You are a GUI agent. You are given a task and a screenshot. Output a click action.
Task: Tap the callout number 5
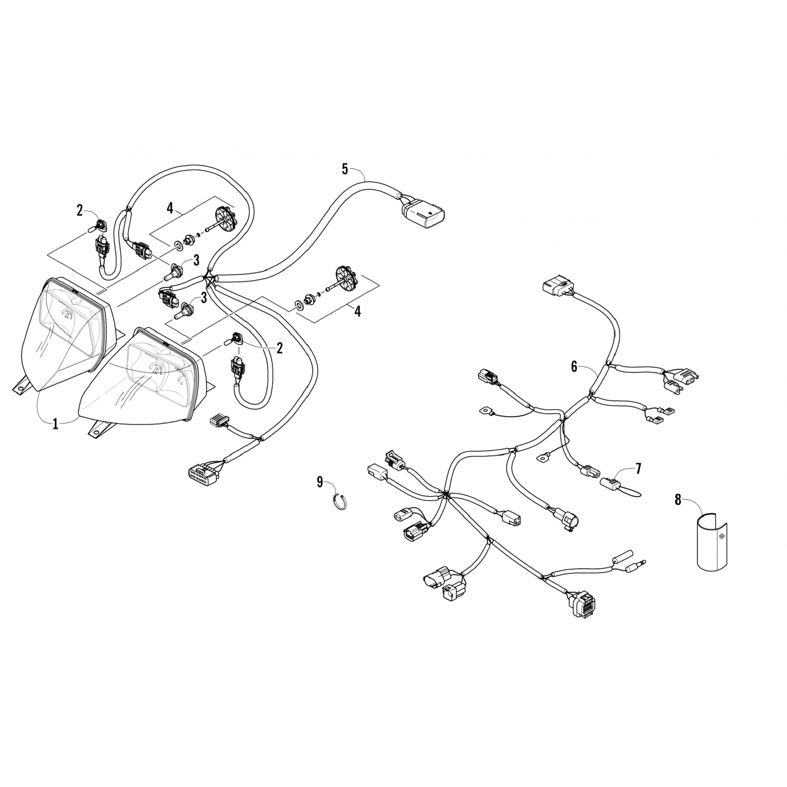[x=345, y=169]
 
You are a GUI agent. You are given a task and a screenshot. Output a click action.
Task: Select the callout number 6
[x=574, y=367]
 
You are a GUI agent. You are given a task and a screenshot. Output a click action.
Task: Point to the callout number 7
[x=638, y=469]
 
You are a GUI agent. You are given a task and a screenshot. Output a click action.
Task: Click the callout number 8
[x=678, y=500]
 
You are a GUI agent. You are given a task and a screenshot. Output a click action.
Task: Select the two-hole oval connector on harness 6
[x=401, y=516]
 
